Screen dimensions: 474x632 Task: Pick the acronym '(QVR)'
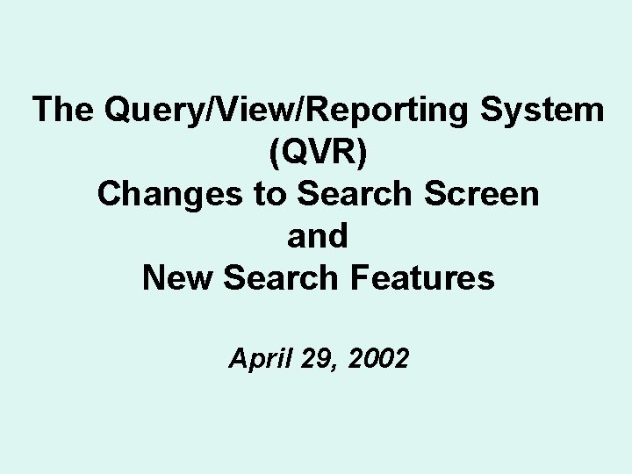pyautogui.click(x=318, y=153)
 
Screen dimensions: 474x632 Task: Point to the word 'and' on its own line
pyautogui.click(x=318, y=236)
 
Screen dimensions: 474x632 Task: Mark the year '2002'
pyautogui.click(x=379, y=358)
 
